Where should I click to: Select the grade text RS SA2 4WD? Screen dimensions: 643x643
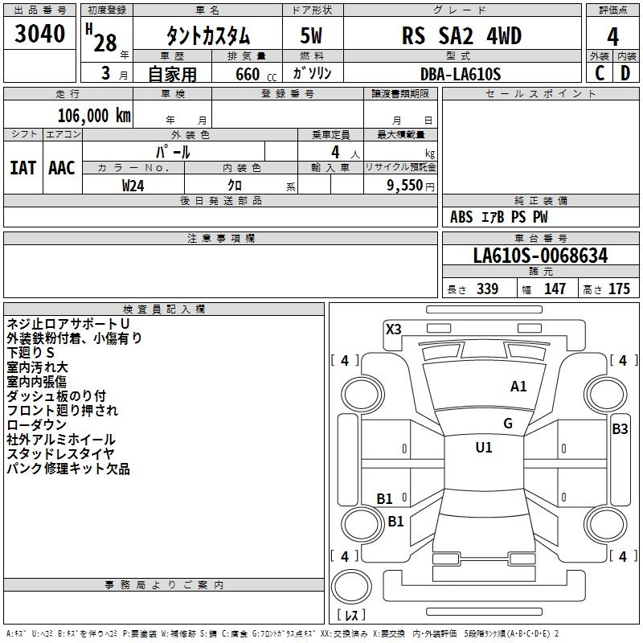tap(461, 36)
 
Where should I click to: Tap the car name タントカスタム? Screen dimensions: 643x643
tap(207, 36)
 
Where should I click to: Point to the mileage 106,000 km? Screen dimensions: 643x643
tap(94, 115)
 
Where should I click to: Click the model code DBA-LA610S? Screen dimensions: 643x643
tap(461, 74)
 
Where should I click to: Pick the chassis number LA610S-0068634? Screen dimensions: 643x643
tap(540, 256)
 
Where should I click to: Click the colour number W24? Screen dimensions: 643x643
tap(133, 186)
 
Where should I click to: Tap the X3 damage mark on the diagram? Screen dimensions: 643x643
tap(393, 329)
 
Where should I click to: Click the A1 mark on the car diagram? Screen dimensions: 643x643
tap(518, 387)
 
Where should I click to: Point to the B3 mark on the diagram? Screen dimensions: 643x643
tap(620, 429)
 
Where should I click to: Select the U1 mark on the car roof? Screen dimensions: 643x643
tap(483, 448)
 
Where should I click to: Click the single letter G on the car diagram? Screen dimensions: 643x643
tap(508, 424)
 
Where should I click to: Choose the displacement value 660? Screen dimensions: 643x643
tap(245, 74)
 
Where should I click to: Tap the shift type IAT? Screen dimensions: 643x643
tap(23, 167)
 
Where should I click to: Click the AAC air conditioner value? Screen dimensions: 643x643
tap(62, 167)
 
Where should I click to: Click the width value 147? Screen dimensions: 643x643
tap(555, 289)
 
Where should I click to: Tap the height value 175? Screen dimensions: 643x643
tap(619, 289)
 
